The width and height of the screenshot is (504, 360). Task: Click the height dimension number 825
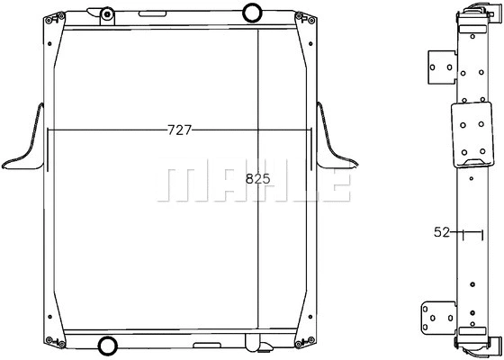(x=258, y=179)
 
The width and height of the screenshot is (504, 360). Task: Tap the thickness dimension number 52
(x=442, y=232)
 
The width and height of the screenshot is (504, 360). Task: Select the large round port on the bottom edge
(x=106, y=345)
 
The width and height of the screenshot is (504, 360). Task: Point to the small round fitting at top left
(x=106, y=13)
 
